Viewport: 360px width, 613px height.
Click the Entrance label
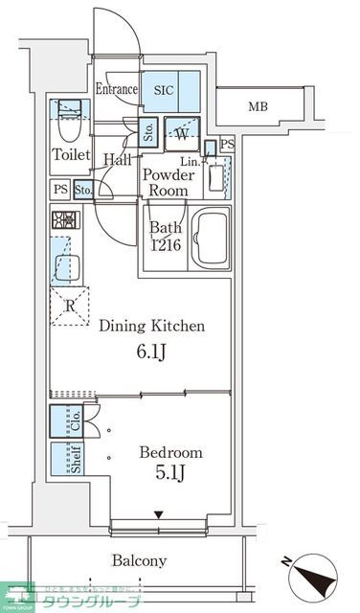[x=118, y=89]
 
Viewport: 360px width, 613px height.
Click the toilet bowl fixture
[x=68, y=123]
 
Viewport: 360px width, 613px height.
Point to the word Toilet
[x=70, y=154]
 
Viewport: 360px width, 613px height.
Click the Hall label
[x=118, y=160]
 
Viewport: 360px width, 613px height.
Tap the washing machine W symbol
[x=182, y=134]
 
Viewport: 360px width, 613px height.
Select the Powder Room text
[x=168, y=182]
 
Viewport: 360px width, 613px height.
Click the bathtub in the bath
[x=211, y=241]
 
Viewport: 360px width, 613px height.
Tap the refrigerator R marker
[x=69, y=306]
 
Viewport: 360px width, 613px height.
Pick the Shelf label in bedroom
[x=74, y=458]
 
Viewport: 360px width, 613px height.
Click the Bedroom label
[x=170, y=452]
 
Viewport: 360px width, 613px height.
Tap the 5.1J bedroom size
[x=170, y=476]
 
